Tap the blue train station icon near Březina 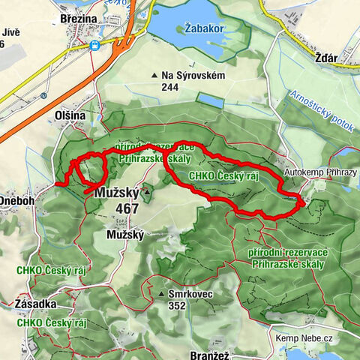(x=95, y=45)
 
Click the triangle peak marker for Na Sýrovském (x=154, y=75)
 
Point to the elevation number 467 (x=127, y=208)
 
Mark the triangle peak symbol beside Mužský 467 (x=148, y=193)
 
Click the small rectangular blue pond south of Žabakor (x=211, y=100)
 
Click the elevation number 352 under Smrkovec (x=177, y=305)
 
